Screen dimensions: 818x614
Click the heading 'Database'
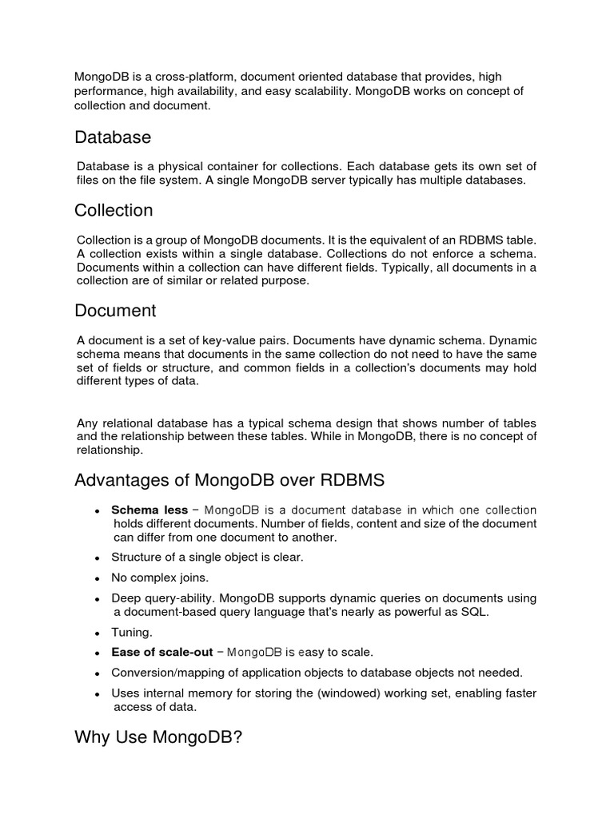(113, 137)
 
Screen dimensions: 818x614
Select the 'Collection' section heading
(114, 210)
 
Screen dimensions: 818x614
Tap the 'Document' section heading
(115, 310)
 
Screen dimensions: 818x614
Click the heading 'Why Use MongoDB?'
(158, 737)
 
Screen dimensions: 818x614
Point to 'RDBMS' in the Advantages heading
(353, 480)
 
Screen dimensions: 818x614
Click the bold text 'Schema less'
(150, 510)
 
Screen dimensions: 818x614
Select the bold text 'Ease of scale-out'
(161, 652)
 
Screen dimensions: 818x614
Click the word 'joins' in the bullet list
(193, 577)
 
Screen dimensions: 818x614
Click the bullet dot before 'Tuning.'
(96, 633)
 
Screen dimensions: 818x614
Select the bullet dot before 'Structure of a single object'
(96, 557)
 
